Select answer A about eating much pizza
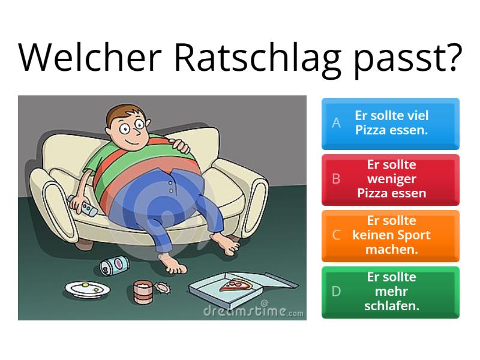click(391, 123)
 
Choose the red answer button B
click(391, 179)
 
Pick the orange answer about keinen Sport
click(391, 235)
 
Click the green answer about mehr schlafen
click(391, 292)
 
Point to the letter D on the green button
click(337, 292)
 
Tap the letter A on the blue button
click(337, 123)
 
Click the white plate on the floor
click(85, 289)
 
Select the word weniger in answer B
click(391, 179)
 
